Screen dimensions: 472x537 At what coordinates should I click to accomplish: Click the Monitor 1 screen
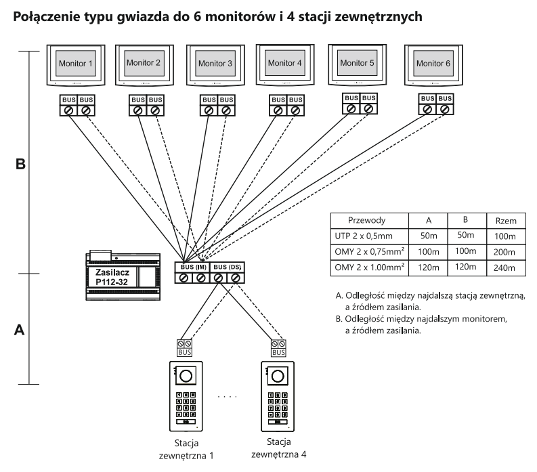coord(77,63)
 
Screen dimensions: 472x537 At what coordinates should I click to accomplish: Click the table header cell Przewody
coord(369,220)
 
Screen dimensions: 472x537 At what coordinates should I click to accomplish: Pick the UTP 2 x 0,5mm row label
coord(368,235)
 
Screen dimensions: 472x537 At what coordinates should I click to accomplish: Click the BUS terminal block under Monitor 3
coord(216,105)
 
